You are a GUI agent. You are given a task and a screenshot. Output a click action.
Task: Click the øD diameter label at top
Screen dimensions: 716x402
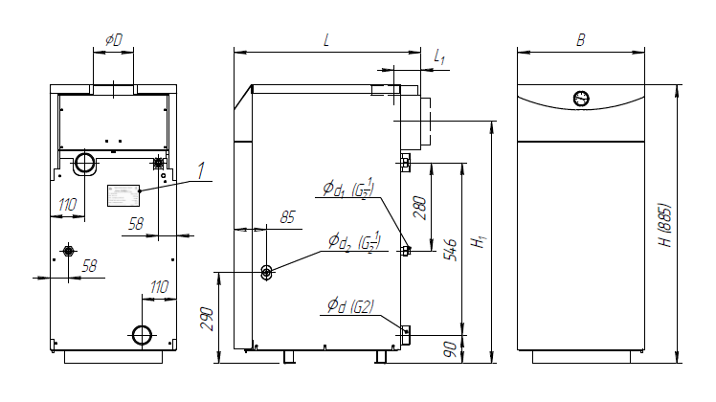tap(114, 40)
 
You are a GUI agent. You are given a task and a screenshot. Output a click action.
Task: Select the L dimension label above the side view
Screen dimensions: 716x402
tap(326, 40)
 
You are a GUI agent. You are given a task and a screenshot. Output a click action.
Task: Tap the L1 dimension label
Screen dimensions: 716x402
tap(439, 57)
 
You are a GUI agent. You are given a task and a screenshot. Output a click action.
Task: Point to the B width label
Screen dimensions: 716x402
tap(581, 40)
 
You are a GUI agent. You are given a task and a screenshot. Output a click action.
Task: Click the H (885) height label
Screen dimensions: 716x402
tap(666, 225)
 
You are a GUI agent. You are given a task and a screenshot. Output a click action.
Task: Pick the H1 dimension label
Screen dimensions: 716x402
tap(479, 241)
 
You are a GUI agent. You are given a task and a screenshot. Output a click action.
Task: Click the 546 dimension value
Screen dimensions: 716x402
tap(450, 249)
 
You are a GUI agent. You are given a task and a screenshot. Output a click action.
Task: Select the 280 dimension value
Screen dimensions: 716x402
tap(420, 208)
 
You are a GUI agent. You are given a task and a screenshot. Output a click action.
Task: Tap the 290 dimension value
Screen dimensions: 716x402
tap(207, 319)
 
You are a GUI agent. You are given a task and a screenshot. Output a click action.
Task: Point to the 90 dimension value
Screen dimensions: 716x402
tap(450, 349)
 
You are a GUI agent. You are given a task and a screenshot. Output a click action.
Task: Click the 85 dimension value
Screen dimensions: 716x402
tap(287, 217)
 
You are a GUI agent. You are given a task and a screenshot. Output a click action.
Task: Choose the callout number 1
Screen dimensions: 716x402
tap(201, 170)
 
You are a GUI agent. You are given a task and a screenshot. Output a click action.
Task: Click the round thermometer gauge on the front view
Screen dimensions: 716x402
tap(581, 99)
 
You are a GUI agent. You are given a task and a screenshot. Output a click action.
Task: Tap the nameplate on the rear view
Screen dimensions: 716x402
tap(123, 195)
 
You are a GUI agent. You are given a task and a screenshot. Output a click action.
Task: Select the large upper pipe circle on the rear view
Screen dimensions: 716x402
tap(85, 162)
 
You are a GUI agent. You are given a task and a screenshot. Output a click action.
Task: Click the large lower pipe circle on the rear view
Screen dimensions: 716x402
tap(142, 335)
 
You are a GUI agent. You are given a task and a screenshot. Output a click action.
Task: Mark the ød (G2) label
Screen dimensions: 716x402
tap(350, 306)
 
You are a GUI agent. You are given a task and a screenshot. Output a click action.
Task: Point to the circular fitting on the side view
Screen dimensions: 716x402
tap(266, 273)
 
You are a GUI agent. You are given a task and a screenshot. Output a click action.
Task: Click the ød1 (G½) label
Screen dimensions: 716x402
tap(348, 189)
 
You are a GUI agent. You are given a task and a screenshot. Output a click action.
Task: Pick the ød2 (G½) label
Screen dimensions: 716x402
tap(354, 241)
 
